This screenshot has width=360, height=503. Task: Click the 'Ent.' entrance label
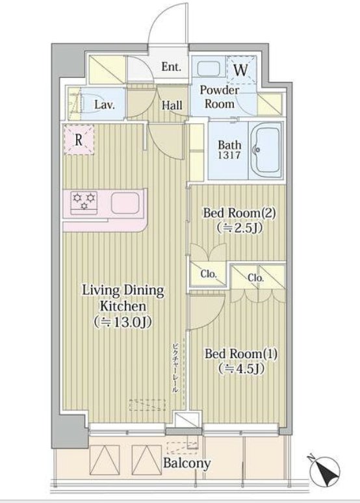coord(171,67)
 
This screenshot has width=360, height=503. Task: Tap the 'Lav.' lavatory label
coord(105,105)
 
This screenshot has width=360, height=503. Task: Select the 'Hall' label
coord(172,105)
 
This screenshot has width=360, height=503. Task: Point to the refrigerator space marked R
coord(79,140)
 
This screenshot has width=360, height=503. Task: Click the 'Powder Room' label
coord(220,97)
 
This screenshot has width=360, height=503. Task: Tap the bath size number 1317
coord(229,155)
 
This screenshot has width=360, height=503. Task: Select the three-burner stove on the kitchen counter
coord(84,201)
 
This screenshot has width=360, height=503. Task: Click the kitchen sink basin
coord(125,203)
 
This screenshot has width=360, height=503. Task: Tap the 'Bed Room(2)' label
coord(239,213)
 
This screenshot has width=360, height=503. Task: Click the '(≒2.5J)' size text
coord(239,228)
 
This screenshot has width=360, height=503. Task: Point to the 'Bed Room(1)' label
coord(241,354)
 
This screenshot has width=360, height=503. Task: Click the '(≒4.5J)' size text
coord(241,369)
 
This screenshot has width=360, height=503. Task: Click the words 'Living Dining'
coord(123,290)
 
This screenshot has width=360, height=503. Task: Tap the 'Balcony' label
coord(186,463)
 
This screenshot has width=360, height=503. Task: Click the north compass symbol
coord(324,470)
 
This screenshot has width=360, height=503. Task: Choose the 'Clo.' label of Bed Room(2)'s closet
coord(209,274)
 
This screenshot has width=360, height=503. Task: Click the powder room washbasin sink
coord(208,68)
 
